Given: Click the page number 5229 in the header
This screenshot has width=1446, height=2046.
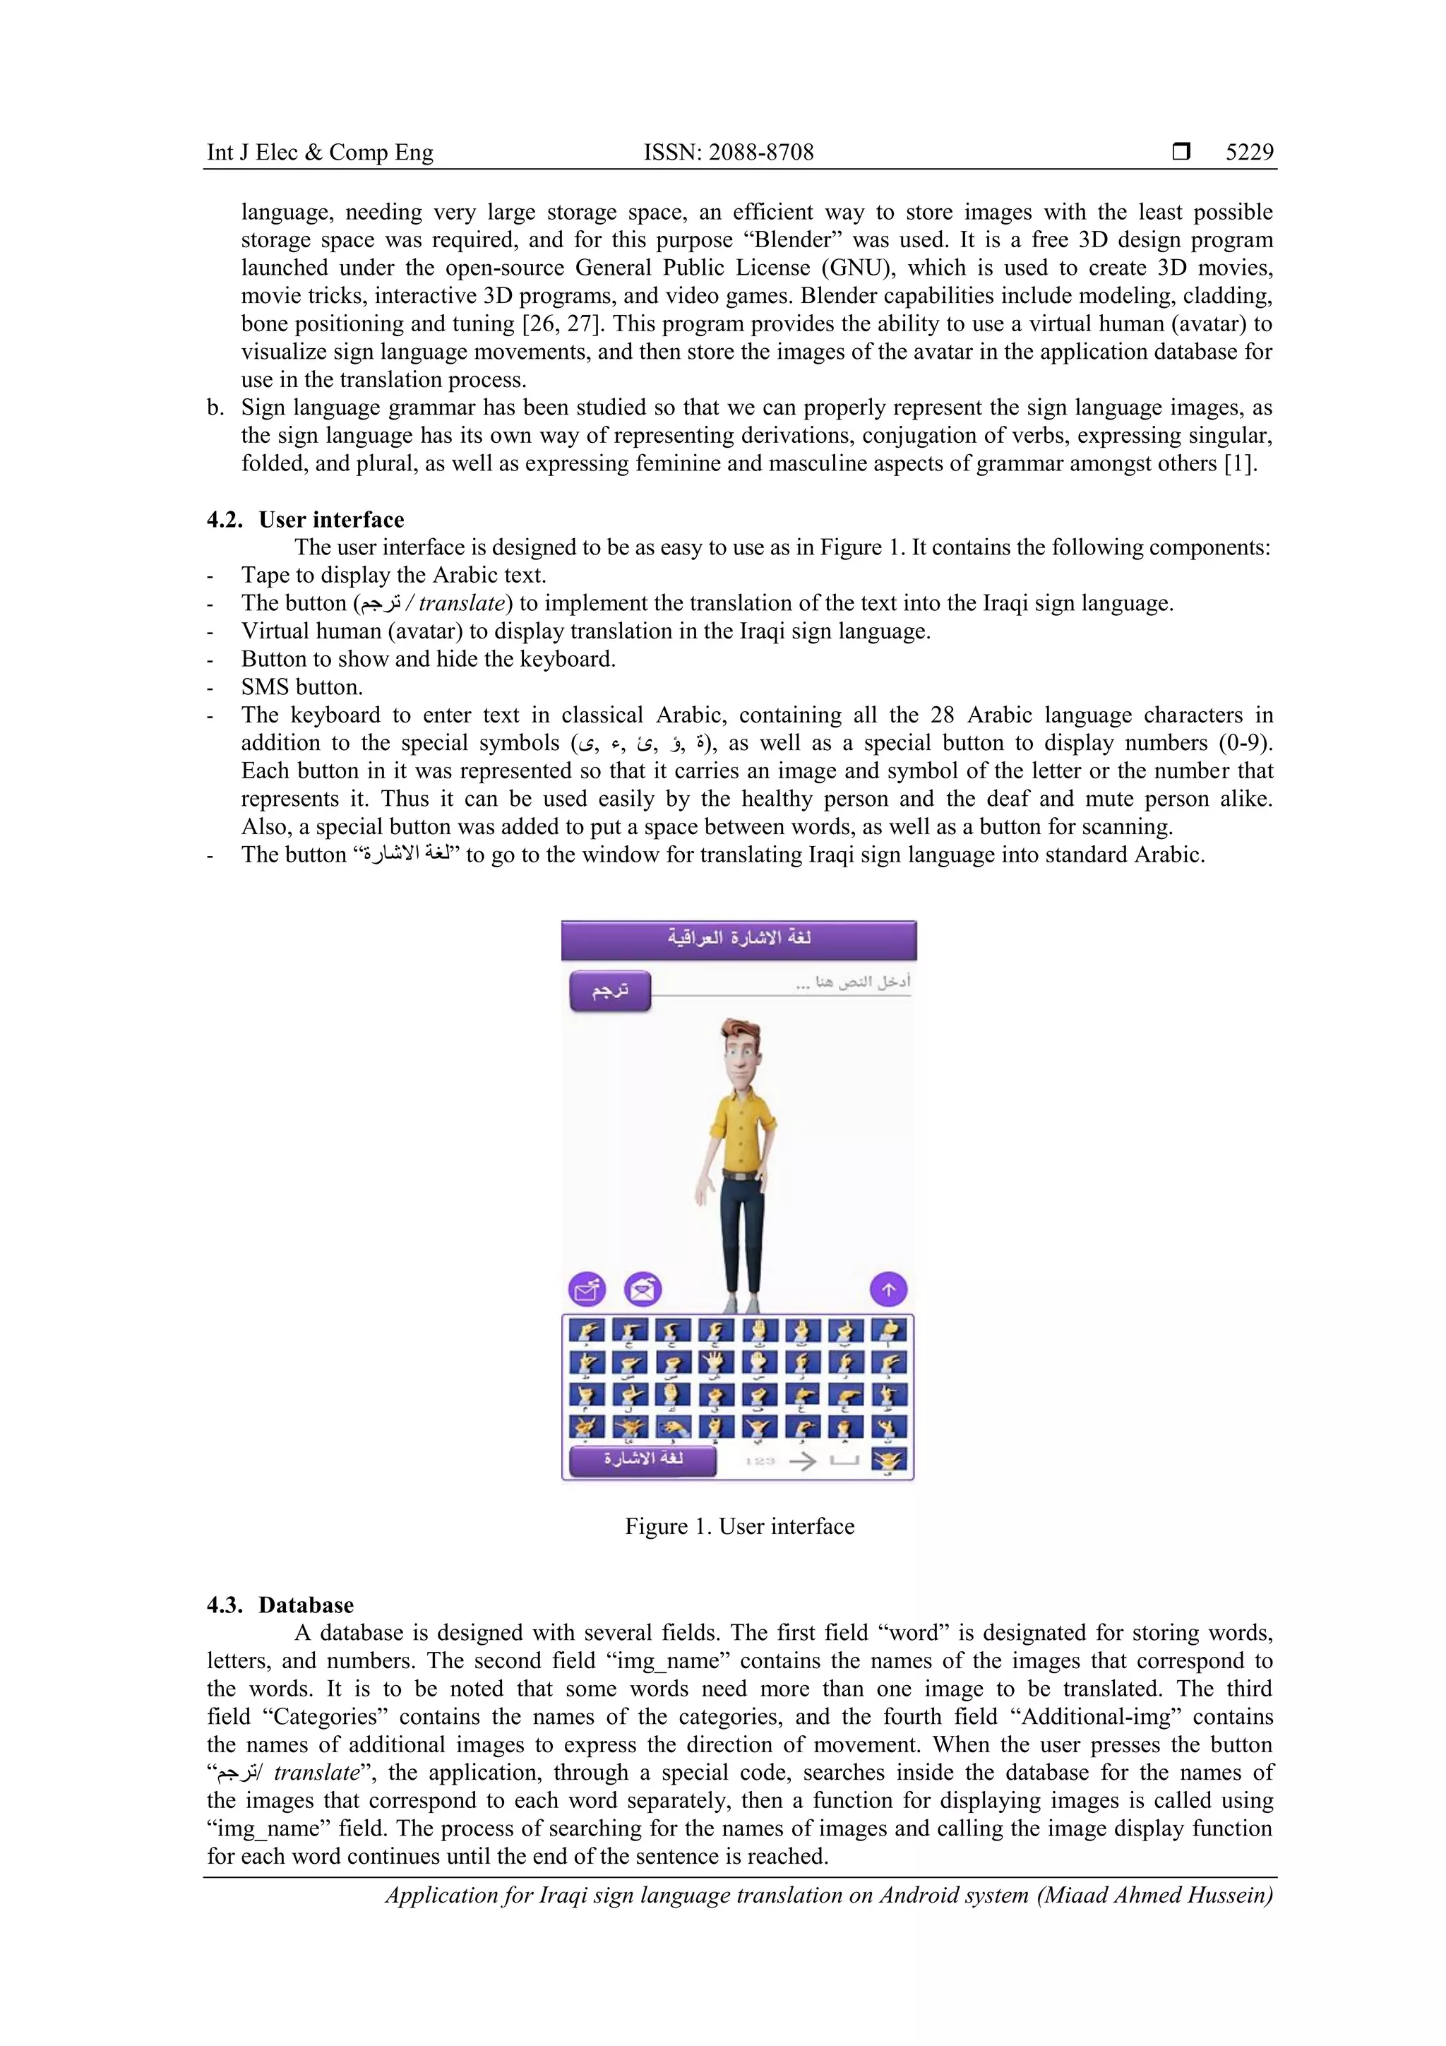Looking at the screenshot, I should [1249, 153].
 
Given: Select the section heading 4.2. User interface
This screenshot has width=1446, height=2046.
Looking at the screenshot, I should [306, 520].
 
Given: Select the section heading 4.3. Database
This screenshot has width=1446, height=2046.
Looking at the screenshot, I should [280, 1605].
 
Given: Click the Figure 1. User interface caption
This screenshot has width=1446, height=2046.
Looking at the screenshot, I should [739, 1526].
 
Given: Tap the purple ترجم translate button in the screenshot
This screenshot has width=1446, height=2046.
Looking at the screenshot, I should [610, 991].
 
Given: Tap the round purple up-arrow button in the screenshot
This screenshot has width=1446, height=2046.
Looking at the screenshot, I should [888, 1290].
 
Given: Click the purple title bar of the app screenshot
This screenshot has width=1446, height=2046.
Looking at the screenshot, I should [739, 939].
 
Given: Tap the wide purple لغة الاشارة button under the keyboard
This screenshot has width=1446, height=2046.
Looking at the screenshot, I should [643, 1460].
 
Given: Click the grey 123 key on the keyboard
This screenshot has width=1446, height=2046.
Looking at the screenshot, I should [759, 1461].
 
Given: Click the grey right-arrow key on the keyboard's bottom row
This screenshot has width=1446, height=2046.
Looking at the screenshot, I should [802, 1461].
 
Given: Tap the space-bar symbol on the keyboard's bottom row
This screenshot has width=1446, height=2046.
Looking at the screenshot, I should [844, 1461].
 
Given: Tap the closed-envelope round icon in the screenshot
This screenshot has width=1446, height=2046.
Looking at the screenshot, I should [587, 1290].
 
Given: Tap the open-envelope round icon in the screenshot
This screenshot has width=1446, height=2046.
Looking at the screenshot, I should [643, 1290].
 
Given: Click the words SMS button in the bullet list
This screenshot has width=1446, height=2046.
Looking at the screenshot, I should [301, 687].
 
